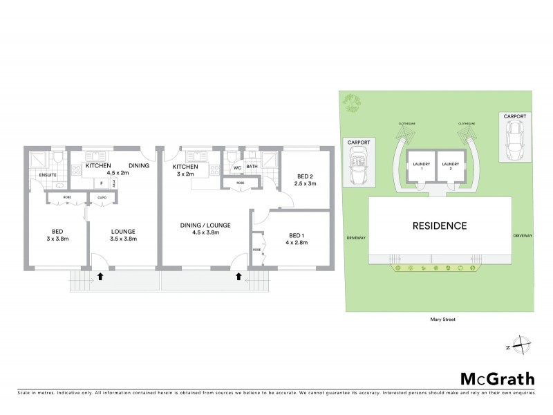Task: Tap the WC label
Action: click(236, 167)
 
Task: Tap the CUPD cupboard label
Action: click(101, 197)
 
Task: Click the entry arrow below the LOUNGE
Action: click(101, 277)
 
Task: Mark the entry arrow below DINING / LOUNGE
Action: click(238, 277)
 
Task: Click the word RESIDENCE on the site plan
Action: click(440, 225)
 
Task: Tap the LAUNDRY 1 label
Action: click(421, 166)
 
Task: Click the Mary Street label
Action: click(438, 320)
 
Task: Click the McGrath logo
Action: click(497, 378)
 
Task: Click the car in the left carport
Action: click(359, 169)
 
